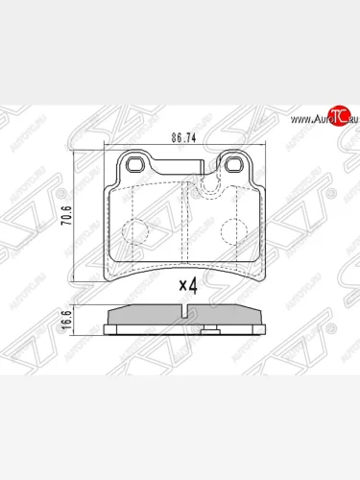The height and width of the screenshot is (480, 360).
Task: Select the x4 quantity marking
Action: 190,284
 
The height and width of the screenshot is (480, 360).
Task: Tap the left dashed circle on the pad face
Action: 135,231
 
